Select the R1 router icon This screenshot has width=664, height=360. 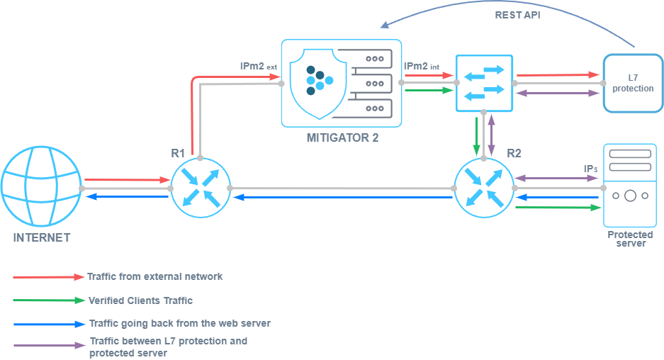pos(201,187)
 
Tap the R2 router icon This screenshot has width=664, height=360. pos(484,187)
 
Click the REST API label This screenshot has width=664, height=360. pos(517,14)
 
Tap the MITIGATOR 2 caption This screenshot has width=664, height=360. pos(342,137)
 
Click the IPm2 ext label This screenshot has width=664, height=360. pos(258,67)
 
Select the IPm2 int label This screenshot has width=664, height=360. pos(422,67)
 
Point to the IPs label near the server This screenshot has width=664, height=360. pos(590,169)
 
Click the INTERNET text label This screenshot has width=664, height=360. pos(42,237)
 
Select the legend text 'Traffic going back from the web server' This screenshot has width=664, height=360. pos(179,323)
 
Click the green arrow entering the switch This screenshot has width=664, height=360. pos(428,90)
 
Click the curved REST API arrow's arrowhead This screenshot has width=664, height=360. pos(384,25)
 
